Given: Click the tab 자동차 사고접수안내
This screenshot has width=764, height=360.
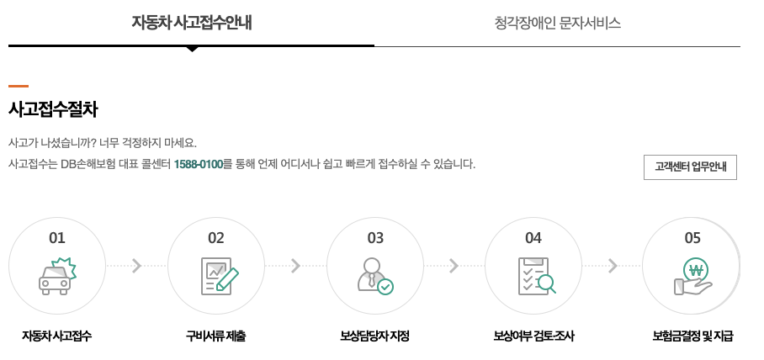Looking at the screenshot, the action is [x=191, y=23].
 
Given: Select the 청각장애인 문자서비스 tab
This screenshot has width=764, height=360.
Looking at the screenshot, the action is [x=557, y=23].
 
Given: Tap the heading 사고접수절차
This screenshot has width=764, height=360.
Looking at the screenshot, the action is [x=53, y=109].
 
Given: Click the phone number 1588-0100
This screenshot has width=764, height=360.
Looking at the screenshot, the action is [x=198, y=164].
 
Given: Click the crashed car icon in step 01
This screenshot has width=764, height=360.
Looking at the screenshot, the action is [x=57, y=275].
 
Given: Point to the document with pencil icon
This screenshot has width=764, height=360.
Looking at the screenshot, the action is [x=219, y=275].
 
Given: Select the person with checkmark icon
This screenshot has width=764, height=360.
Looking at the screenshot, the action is [x=374, y=275].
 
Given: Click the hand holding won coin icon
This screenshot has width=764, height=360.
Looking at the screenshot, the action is [x=693, y=275].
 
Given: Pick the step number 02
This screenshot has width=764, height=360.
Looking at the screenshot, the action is [x=216, y=238].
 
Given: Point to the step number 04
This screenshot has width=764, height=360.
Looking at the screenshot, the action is [x=533, y=238].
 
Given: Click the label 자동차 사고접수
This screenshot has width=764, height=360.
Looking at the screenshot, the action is [x=57, y=336].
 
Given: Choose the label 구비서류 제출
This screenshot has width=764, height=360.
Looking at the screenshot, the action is [x=216, y=336].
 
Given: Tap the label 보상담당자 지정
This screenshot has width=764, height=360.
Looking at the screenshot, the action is [x=374, y=336].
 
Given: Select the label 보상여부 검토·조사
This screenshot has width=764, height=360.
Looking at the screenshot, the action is [x=533, y=336].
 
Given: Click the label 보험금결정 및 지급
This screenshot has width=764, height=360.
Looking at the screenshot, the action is [x=692, y=336].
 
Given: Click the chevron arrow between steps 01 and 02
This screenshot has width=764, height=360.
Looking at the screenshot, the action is [x=137, y=266].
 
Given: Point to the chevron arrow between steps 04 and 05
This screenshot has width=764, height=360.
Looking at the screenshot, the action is [x=613, y=266].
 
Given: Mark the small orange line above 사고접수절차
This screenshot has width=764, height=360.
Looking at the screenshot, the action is [x=19, y=86].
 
